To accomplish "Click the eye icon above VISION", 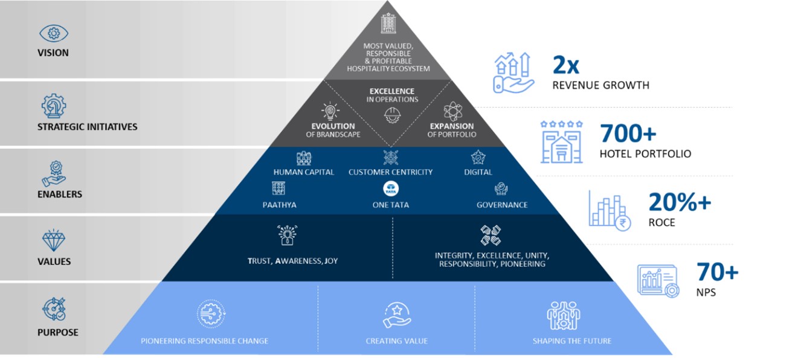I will (53, 33).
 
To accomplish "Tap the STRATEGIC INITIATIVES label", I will (88, 127).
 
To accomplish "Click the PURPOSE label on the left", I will (57, 332).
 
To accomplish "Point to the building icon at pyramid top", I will (388, 23).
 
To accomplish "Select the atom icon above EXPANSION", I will (452, 111).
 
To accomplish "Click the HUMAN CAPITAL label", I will (303, 172).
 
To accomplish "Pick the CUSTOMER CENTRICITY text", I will (390, 172).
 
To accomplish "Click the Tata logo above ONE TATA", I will (390, 188).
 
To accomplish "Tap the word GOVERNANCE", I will (502, 205).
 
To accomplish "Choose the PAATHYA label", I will (279, 205).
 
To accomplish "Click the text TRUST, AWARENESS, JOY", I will (292, 261).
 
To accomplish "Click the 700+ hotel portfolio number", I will (628, 133).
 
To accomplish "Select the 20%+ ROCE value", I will (680, 202).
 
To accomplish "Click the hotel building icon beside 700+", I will (561, 141).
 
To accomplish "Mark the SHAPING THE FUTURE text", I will (571, 341).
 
